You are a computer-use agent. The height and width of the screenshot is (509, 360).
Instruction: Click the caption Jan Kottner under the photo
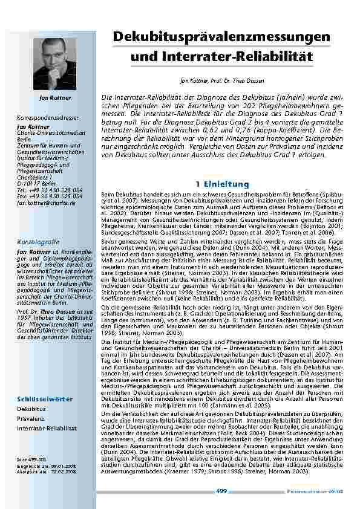pyautogui.click(x=55, y=97)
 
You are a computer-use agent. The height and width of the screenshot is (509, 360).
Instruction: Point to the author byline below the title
pyautogui.click(x=221, y=81)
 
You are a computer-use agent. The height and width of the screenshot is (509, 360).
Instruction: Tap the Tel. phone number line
pyautogui.click(x=50, y=192)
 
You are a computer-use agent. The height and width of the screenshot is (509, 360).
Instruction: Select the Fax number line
pyautogui.click(x=50, y=198)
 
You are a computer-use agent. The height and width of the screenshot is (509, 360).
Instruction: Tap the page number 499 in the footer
pyautogui.click(x=221, y=491)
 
